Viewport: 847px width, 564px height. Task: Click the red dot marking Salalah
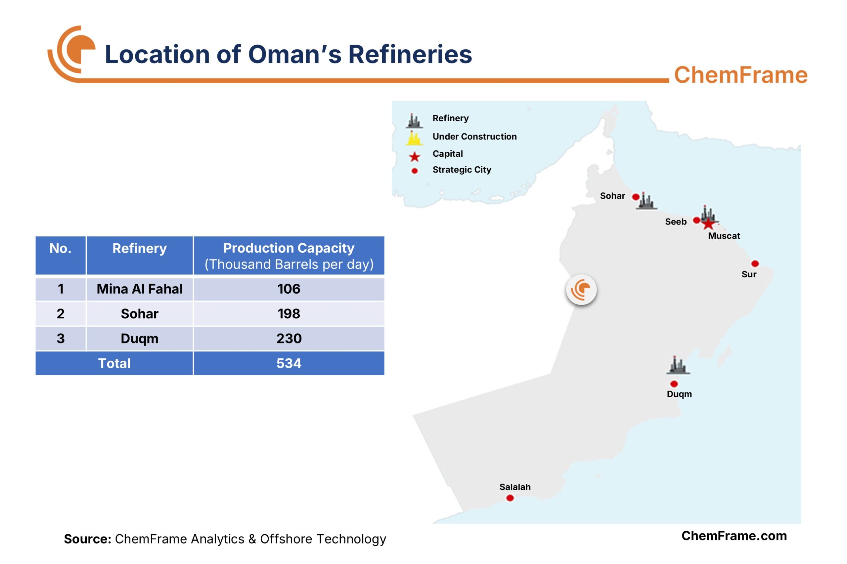point(510,498)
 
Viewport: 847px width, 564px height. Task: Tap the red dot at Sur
point(755,264)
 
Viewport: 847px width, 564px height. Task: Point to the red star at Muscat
point(708,224)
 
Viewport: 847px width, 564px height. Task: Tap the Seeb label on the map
point(676,222)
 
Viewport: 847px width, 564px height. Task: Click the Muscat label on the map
point(724,236)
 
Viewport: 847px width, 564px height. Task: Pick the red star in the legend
point(414,156)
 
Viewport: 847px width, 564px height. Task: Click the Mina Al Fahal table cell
point(140,289)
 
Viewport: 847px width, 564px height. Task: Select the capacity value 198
point(289,314)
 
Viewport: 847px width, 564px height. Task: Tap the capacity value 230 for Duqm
point(289,339)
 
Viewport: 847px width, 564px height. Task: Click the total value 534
point(289,363)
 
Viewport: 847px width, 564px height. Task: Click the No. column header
point(61,249)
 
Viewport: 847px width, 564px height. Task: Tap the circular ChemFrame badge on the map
point(581,290)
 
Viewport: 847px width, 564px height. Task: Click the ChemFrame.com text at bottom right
point(734,536)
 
